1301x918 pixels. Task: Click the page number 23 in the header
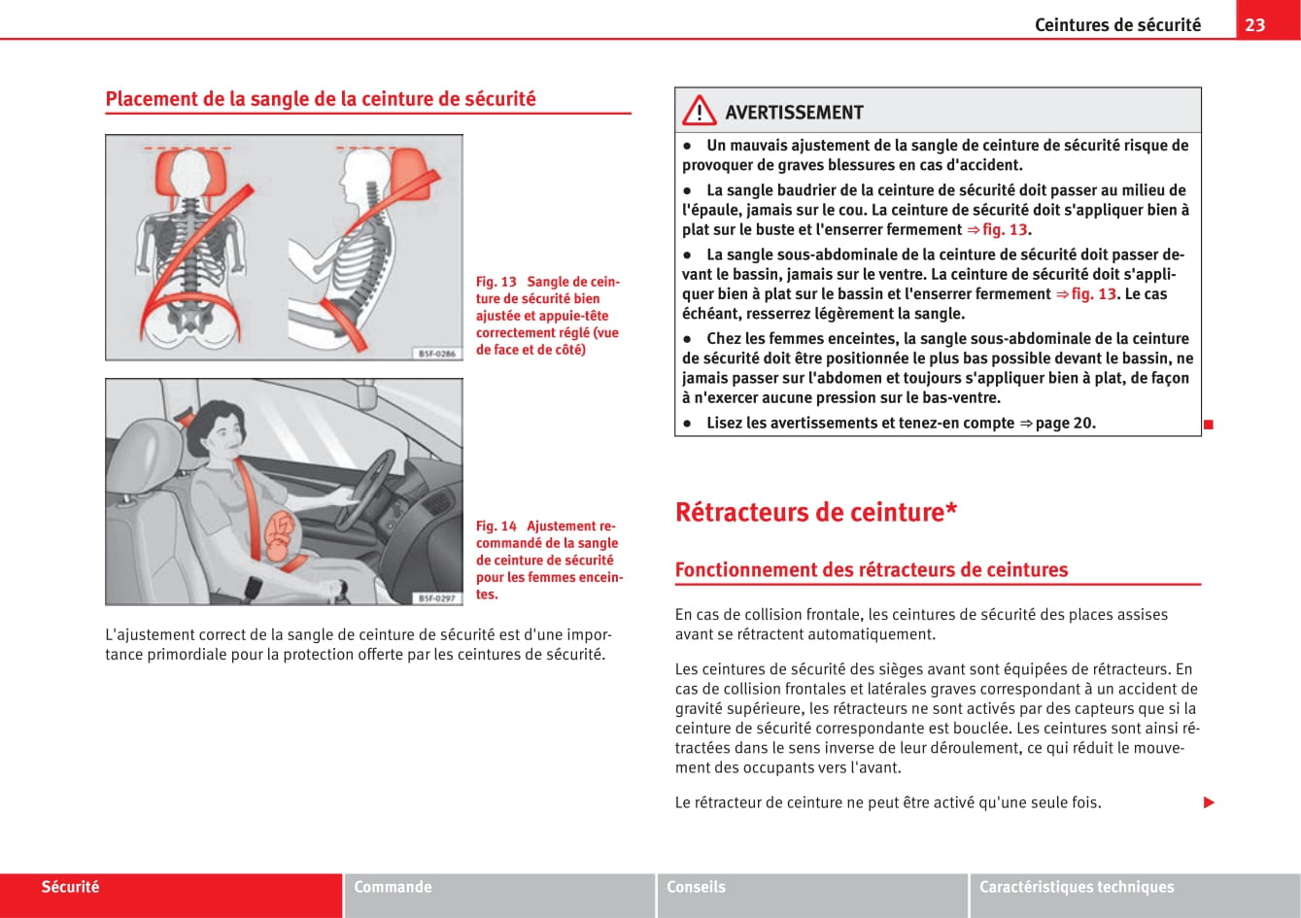pos(1255,24)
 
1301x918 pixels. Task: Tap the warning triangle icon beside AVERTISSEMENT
pos(699,113)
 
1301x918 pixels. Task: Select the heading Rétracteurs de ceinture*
pos(816,512)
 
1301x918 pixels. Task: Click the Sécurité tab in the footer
pos(70,887)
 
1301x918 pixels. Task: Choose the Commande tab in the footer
pos(393,887)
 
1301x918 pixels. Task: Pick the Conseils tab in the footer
pos(696,887)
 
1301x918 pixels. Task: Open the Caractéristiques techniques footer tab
pos(1076,887)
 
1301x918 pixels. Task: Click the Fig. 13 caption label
pos(496,282)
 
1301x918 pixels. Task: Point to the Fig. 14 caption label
pos(496,526)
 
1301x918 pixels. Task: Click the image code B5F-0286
pos(437,354)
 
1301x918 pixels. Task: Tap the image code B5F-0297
pos(437,597)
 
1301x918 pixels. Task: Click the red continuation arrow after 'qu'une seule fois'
pos(1209,802)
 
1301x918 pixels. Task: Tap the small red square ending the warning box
pos(1208,424)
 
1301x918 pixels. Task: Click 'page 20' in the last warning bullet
pos(1065,423)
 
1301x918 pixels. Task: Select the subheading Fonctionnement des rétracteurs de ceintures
pos(871,570)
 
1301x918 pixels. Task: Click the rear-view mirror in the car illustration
pos(366,395)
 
